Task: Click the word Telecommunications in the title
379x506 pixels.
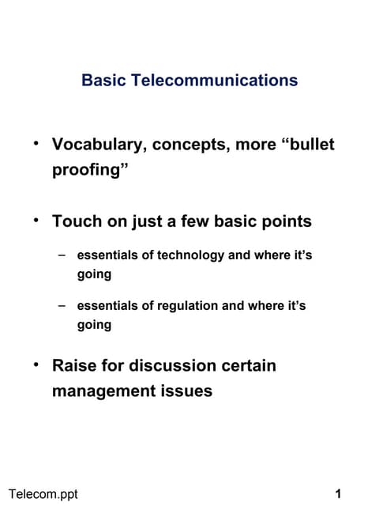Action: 216,80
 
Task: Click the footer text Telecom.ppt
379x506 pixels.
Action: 39,495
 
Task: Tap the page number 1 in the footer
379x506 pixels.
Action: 338,495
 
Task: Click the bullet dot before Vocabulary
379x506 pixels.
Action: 36,144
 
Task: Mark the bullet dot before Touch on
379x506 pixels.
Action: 36,220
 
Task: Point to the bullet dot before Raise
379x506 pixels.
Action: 36,364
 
